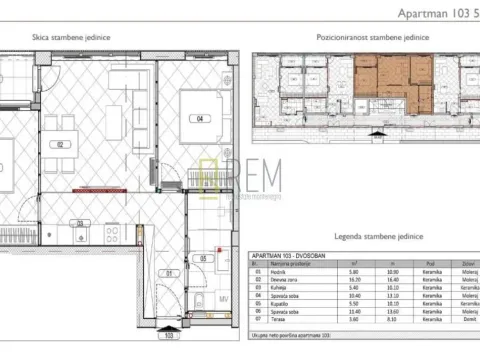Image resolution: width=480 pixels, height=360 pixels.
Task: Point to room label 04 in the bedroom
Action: [x=200, y=119]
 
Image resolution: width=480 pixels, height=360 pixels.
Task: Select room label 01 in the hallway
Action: [x=169, y=270]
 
